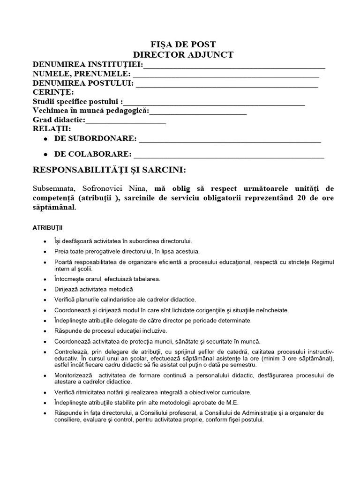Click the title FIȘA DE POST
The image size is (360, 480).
183,45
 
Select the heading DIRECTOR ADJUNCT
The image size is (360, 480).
183,55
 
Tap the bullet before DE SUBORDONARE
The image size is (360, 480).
45,139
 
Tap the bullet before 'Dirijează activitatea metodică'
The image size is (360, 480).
45,290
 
